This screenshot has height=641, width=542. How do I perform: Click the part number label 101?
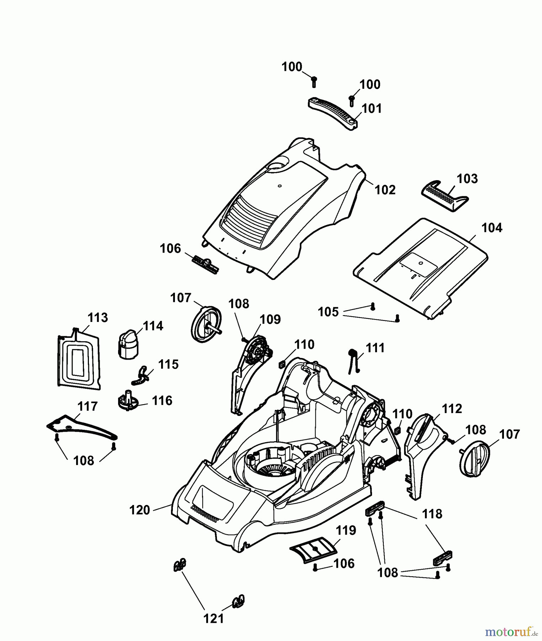[x=372, y=108]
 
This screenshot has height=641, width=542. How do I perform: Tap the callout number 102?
[x=385, y=190]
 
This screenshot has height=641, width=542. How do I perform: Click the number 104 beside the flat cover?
[x=492, y=228]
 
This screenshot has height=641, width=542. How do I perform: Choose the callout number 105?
[x=328, y=312]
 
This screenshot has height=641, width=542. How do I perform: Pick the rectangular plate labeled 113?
[x=79, y=358]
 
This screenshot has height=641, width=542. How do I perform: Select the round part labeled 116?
[x=127, y=402]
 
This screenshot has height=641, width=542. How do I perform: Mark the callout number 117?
[x=87, y=406]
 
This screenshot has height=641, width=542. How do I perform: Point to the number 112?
[x=452, y=408]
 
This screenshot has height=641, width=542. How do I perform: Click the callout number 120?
[x=140, y=510]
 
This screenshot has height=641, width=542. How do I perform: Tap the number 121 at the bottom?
[x=213, y=619]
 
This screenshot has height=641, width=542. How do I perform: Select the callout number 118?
[x=432, y=514]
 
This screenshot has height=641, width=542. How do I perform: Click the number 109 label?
[x=270, y=319]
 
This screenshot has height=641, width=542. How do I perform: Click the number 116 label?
[x=162, y=401]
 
